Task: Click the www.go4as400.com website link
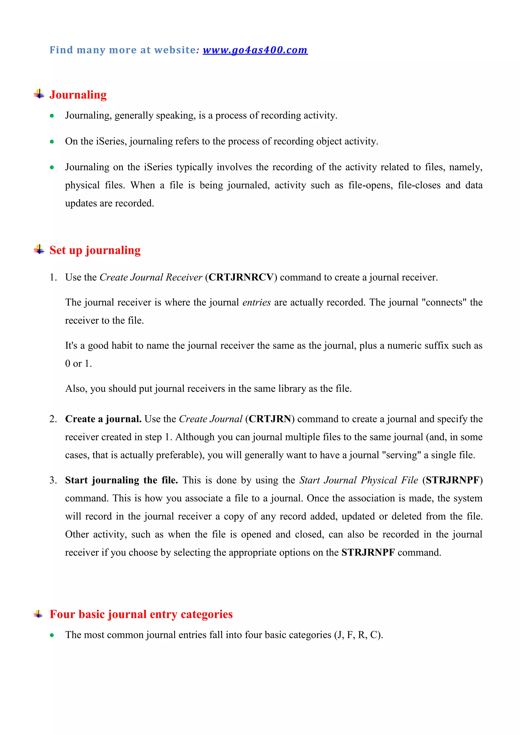[x=255, y=50]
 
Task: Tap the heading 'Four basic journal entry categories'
[x=141, y=614]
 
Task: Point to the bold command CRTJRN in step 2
[x=270, y=419]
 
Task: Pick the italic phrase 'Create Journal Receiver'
[x=151, y=277]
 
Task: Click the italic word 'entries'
[x=256, y=303]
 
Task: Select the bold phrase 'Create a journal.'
[x=103, y=419]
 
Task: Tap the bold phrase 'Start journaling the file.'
[x=121, y=480]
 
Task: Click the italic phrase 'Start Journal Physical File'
[x=359, y=480]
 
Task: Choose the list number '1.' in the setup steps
[x=53, y=277]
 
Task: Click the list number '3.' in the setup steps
[x=53, y=480]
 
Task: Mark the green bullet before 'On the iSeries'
[x=52, y=142]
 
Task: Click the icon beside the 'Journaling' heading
[x=39, y=94]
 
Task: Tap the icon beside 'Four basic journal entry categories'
[x=38, y=614]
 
